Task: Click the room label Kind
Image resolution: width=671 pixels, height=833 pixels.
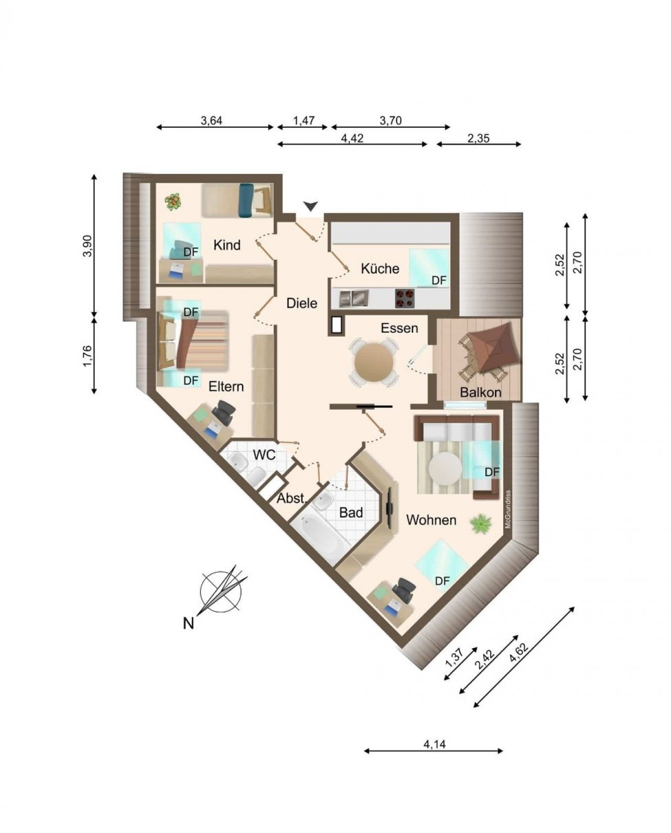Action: click(226, 245)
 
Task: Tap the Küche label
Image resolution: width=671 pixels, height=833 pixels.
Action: click(380, 268)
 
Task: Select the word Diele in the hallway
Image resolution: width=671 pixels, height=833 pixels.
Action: click(302, 303)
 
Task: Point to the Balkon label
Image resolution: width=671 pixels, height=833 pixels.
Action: click(480, 392)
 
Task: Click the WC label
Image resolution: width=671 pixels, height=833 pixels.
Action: click(264, 454)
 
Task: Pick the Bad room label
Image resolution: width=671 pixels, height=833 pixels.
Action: click(351, 512)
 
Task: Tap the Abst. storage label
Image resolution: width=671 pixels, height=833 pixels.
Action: click(291, 498)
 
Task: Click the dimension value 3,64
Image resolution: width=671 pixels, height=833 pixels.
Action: click(212, 121)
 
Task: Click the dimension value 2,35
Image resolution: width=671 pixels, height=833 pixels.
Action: click(479, 138)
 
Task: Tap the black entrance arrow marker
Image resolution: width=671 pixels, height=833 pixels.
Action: click(310, 206)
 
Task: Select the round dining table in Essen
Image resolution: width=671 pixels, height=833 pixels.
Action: click(374, 363)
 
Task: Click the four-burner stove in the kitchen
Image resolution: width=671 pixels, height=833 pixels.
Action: click(405, 299)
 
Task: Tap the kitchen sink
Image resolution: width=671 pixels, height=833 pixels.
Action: click(354, 299)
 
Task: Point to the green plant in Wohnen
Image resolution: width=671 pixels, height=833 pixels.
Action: click(481, 524)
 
